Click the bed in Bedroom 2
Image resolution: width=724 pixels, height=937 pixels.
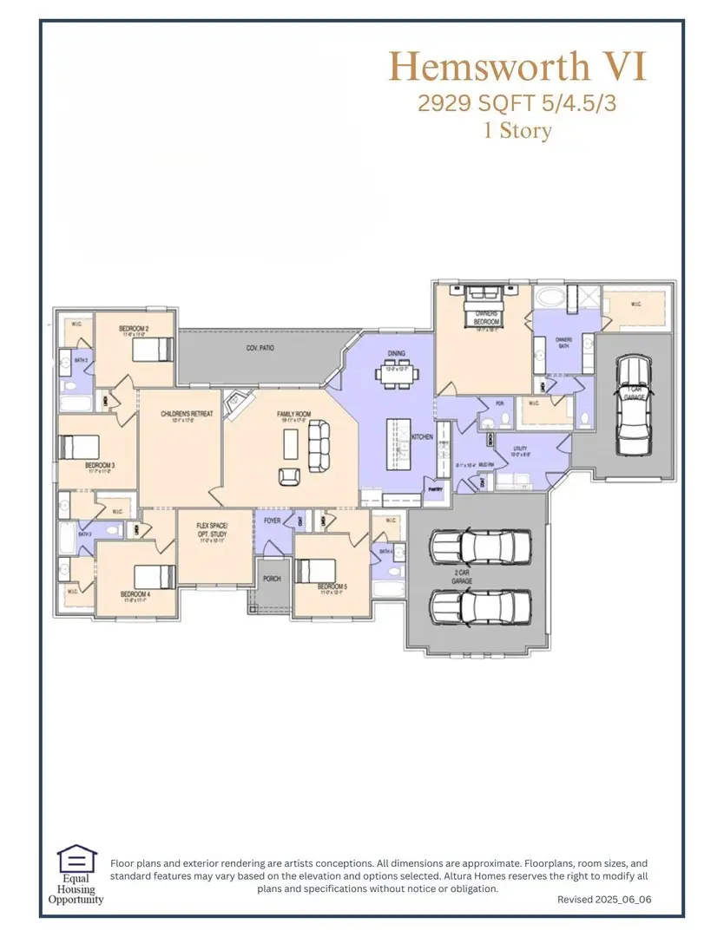point(154,349)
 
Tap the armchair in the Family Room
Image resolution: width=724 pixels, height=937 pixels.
point(289,476)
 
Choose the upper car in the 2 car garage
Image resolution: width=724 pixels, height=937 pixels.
point(481,547)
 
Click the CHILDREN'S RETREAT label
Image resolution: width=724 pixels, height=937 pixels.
point(187,414)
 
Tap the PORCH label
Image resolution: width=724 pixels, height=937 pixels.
point(272,579)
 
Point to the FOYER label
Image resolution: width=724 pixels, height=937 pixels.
point(272,521)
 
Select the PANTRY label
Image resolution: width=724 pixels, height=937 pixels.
point(435,489)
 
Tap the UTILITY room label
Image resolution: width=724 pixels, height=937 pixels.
point(519,449)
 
